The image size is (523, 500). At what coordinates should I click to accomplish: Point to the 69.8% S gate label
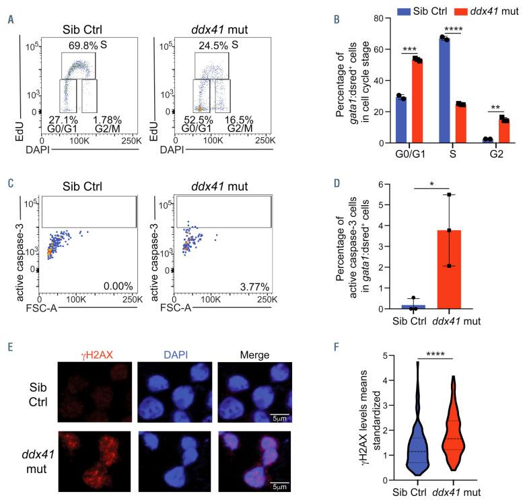[75, 47]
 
